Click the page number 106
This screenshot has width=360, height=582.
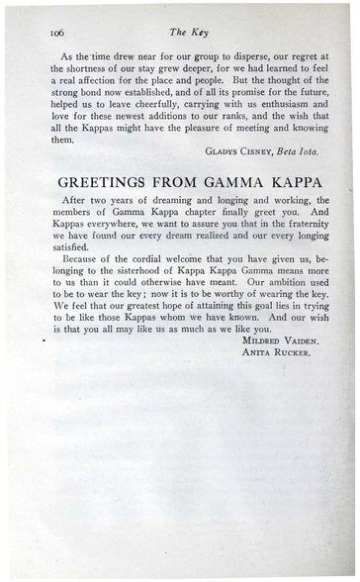(58, 32)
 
